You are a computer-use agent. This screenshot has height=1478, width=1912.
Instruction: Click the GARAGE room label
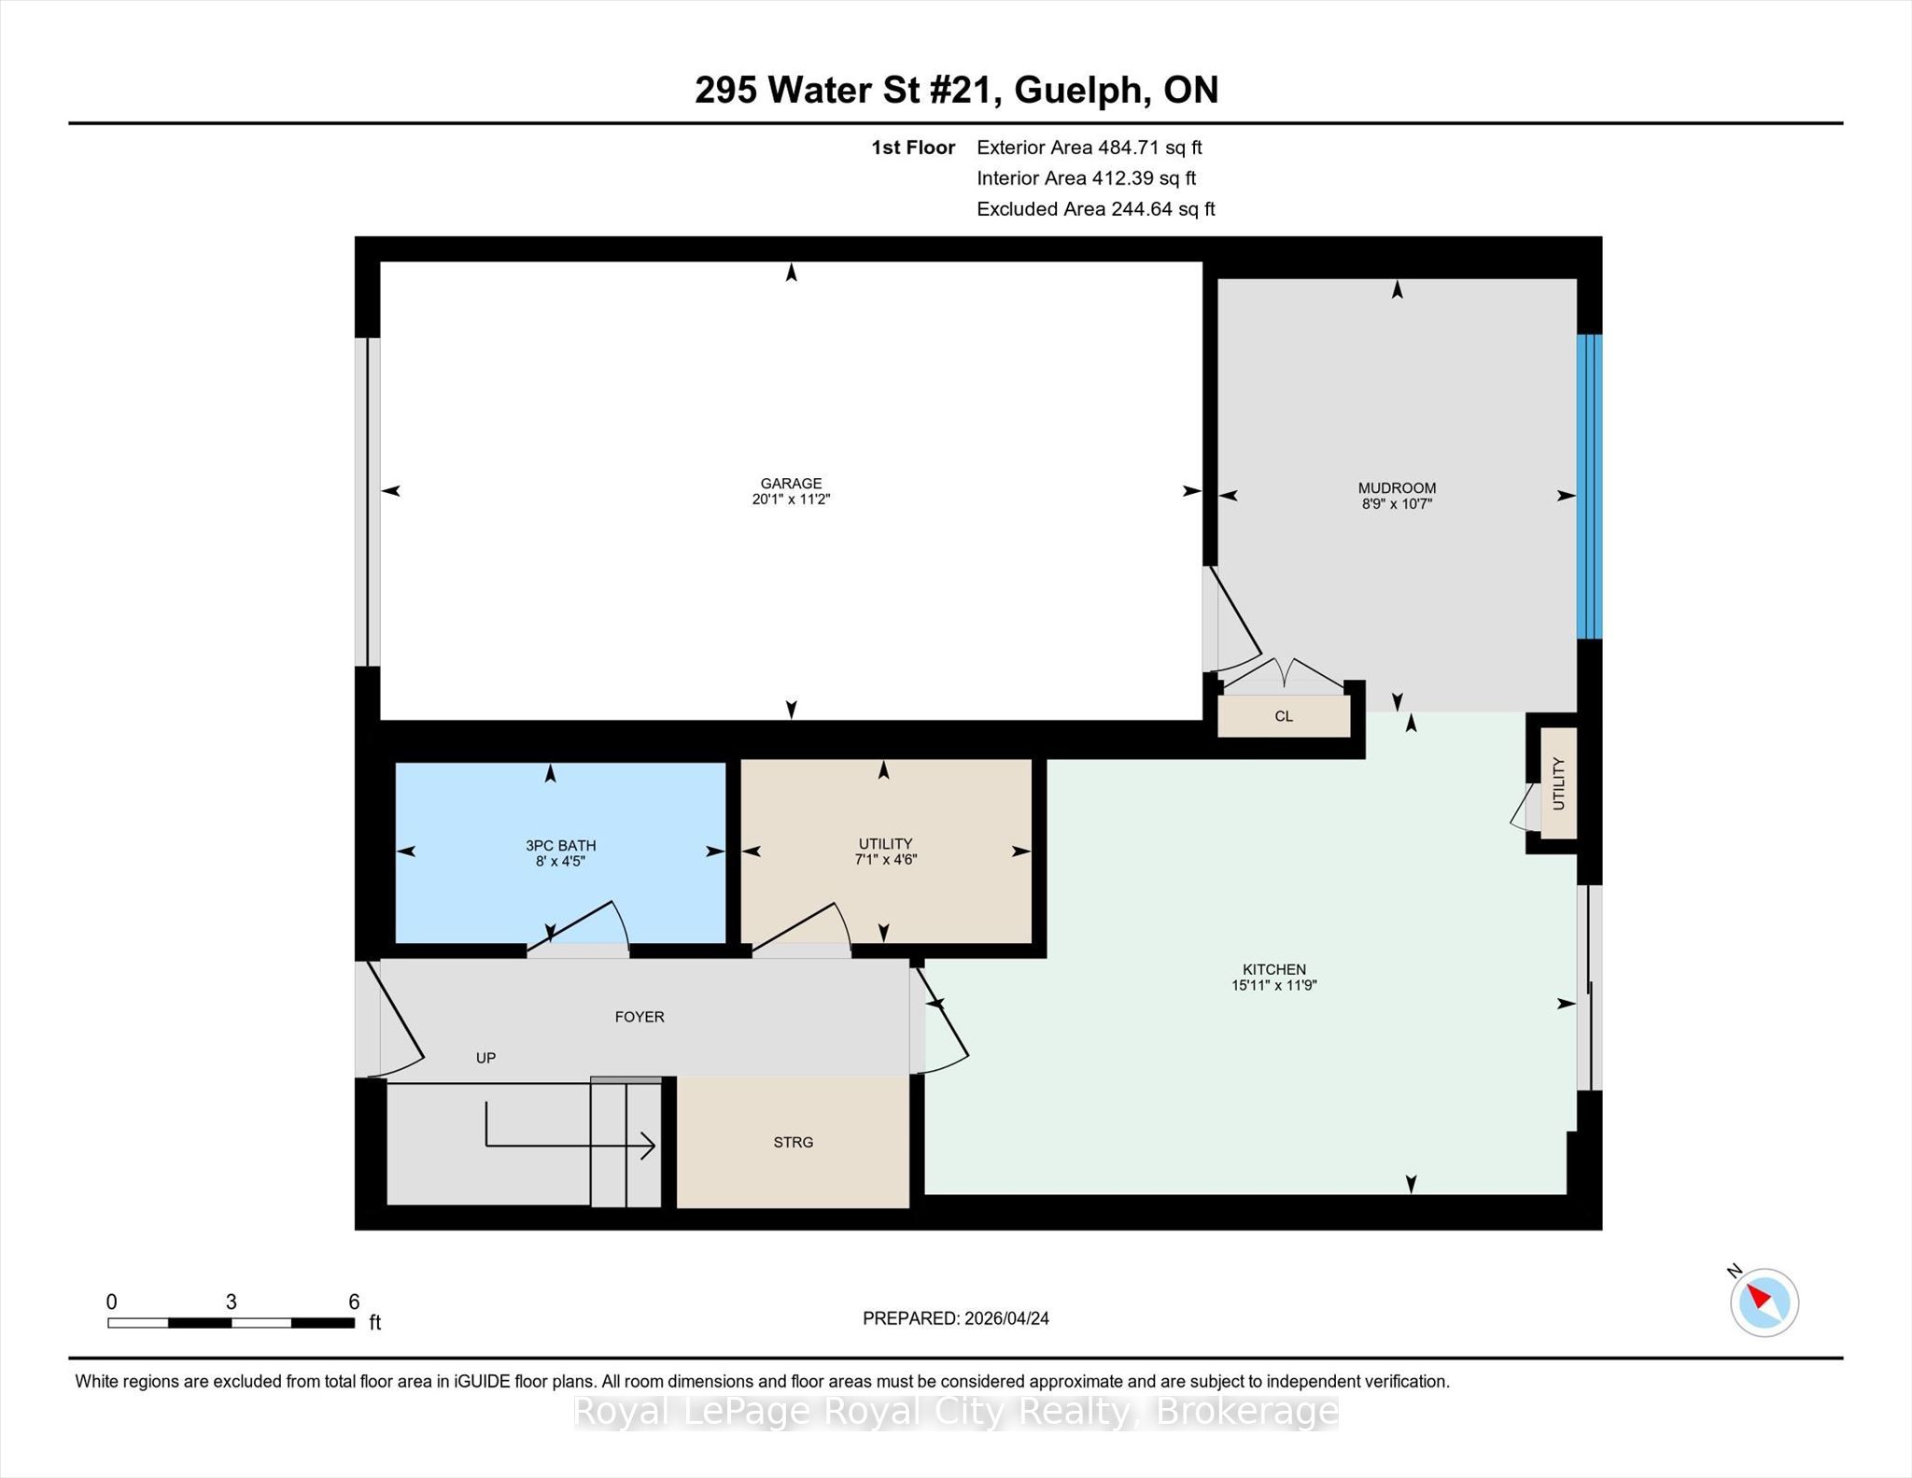(791, 484)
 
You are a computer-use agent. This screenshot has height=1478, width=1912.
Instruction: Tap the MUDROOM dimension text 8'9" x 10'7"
(1397, 504)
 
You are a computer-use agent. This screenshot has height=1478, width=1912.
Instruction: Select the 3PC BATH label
(560, 846)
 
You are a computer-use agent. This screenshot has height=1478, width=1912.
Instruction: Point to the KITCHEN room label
(1273, 970)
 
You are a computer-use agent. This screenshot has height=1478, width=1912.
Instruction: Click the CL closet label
(1284, 717)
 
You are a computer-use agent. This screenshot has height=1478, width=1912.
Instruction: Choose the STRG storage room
(793, 1142)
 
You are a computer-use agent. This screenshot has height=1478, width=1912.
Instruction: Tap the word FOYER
(640, 1017)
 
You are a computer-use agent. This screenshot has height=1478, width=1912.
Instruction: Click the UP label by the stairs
(485, 1058)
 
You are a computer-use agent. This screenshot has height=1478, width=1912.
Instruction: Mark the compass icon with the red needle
(1764, 1302)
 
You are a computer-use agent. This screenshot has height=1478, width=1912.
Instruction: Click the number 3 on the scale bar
(231, 1302)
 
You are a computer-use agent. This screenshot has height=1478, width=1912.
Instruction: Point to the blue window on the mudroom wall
(1590, 486)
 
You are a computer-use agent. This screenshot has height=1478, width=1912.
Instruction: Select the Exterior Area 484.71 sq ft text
(1090, 148)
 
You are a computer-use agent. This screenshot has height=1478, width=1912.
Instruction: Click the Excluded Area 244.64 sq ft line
(1096, 209)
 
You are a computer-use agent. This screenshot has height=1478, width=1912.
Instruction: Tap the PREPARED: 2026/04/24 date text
(956, 1318)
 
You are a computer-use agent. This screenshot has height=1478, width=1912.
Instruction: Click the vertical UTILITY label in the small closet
(1558, 783)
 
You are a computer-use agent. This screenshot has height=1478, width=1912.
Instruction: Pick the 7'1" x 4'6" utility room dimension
(885, 860)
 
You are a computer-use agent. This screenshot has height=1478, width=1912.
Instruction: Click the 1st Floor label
(913, 148)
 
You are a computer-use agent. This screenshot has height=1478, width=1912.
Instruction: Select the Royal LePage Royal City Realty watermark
(956, 1412)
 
